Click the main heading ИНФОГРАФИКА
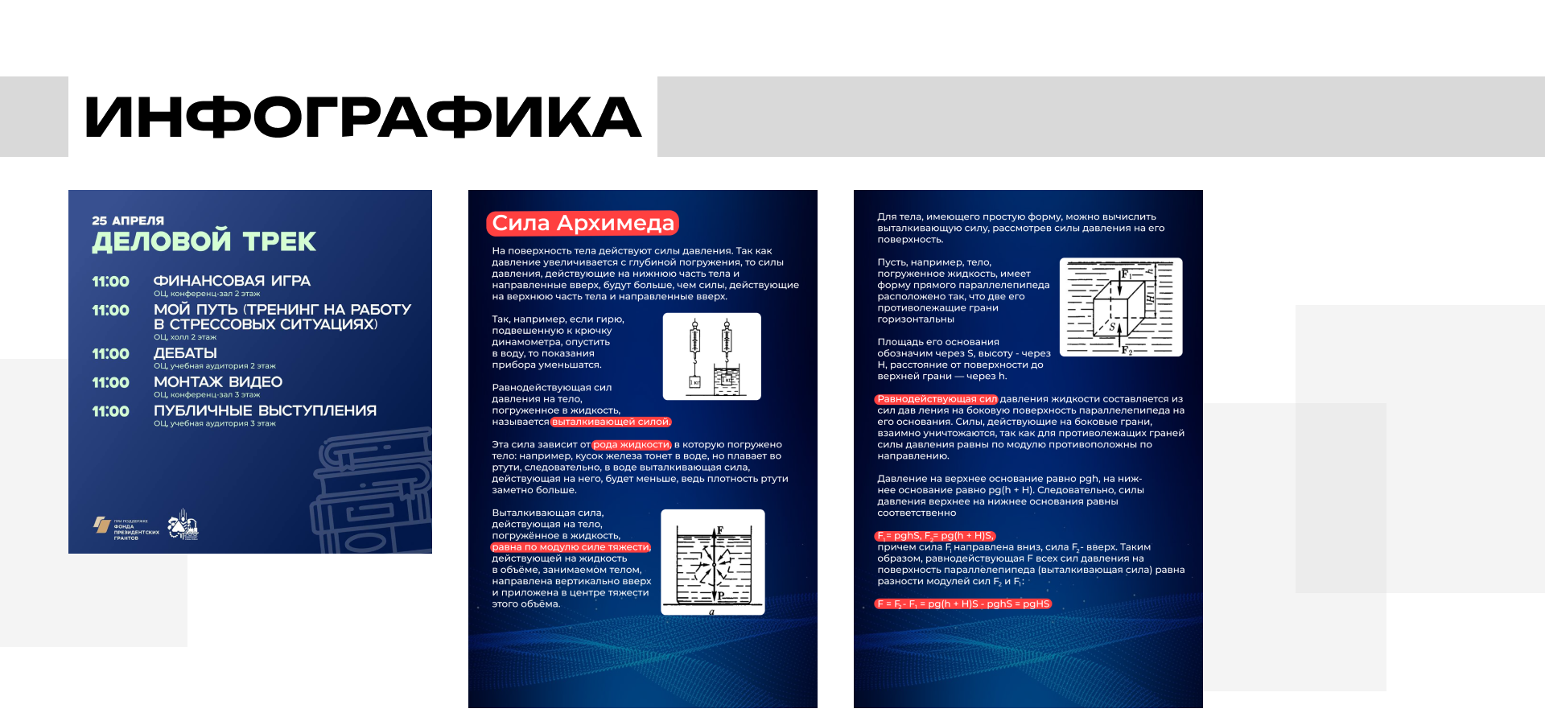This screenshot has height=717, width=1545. point(362,117)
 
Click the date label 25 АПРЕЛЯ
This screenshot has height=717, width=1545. point(128,220)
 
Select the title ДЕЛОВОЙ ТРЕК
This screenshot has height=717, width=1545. point(204,241)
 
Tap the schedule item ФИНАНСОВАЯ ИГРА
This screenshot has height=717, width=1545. point(232,281)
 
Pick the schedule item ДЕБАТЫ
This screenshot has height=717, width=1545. point(185,353)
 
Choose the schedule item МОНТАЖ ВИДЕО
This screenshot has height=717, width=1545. point(218,382)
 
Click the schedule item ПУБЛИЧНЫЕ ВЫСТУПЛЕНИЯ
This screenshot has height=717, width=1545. point(265,411)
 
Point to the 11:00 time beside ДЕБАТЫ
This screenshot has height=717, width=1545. point(110,354)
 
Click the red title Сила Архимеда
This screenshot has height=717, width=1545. point(583,223)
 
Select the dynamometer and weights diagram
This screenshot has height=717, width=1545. point(711,356)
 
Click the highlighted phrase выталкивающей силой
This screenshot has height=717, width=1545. point(611,422)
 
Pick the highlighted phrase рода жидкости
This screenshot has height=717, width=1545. point(631,445)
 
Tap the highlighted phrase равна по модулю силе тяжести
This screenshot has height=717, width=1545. point(571,547)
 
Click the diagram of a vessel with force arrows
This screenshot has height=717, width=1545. point(712,562)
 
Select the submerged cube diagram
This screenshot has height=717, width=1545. point(1121,307)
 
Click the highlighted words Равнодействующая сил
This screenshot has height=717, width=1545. point(937,399)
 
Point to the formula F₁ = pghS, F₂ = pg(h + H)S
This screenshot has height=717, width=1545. point(935,536)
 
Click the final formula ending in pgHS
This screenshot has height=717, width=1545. point(963,604)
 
